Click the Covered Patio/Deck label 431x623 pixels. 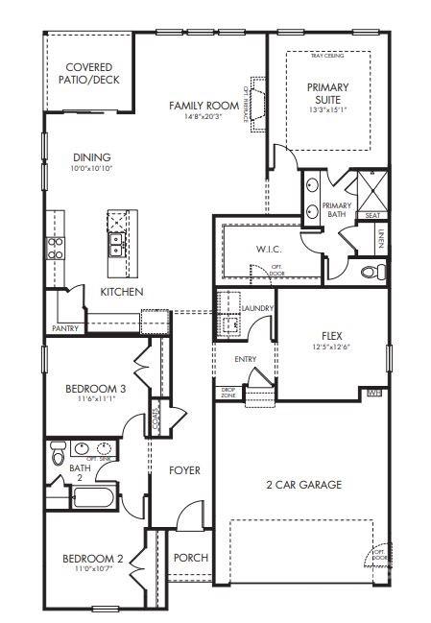pyautogui.click(x=91, y=73)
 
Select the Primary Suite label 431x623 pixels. pyautogui.click(x=328, y=93)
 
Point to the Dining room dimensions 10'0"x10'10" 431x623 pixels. pyautogui.click(x=91, y=169)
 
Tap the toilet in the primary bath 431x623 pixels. pyautogui.click(x=369, y=273)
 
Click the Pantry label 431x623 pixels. pyautogui.click(x=66, y=327)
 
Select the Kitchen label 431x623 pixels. pyautogui.click(x=122, y=291)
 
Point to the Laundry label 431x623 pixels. pyautogui.click(x=258, y=307)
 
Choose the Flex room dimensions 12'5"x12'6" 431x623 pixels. pyautogui.click(x=332, y=347)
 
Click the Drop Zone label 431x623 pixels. pyautogui.click(x=228, y=393)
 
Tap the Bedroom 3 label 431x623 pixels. pyautogui.click(x=96, y=389)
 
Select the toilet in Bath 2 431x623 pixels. pyautogui.click(x=58, y=449)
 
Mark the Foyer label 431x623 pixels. pyautogui.click(x=184, y=470)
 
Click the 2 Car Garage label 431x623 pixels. pyautogui.click(x=303, y=485)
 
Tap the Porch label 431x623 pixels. pyautogui.click(x=189, y=558)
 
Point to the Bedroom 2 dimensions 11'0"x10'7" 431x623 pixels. pyautogui.click(x=92, y=569)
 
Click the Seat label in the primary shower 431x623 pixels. pyautogui.click(x=372, y=216)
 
